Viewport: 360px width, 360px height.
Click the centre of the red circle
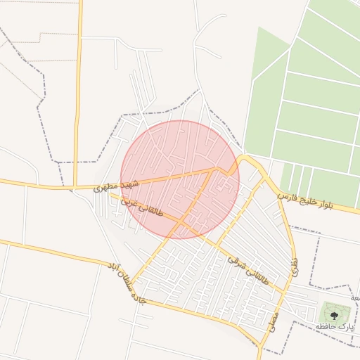tap(180, 179)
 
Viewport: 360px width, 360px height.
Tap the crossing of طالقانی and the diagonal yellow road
tap(180, 224)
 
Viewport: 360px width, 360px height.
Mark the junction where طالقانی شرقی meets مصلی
tap(284, 291)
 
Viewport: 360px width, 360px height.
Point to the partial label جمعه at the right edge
tap(355, 298)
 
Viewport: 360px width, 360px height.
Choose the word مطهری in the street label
tap(105, 187)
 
